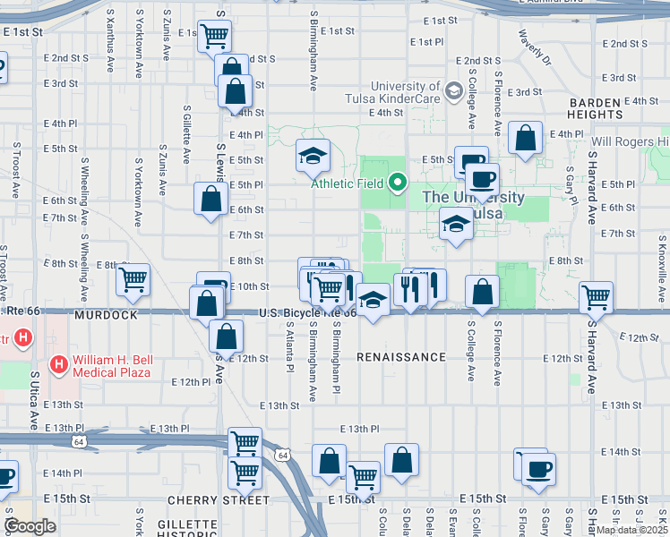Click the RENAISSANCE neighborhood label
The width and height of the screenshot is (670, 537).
click(x=400, y=357)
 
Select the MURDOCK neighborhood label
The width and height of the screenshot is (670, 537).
click(x=106, y=316)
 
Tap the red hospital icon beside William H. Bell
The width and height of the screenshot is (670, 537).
click(x=59, y=364)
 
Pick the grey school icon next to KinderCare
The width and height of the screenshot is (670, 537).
click(x=453, y=90)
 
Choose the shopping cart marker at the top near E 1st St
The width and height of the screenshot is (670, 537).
click(x=214, y=37)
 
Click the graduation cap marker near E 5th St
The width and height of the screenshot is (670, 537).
click(x=313, y=157)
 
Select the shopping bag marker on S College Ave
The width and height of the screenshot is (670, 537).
click(x=482, y=292)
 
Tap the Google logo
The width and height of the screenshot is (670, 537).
click(x=30, y=527)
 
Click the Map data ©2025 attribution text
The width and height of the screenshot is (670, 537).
click(x=631, y=530)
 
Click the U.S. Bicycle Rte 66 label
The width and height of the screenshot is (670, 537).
click(x=307, y=313)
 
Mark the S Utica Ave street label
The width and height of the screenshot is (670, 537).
click(x=34, y=399)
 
